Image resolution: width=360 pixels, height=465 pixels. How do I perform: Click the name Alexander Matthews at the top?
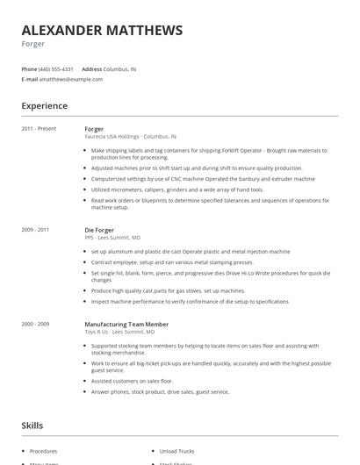(102, 30)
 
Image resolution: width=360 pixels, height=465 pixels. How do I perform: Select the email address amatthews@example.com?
(71, 79)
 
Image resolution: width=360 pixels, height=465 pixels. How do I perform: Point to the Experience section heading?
(44, 106)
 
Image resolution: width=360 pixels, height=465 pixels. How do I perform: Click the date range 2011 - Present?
(39, 129)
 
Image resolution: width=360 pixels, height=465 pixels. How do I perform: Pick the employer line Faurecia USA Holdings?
(130, 137)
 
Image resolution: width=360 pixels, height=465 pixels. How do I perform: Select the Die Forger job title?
(99, 230)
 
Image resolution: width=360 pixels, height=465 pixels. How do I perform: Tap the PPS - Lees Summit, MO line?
(112, 237)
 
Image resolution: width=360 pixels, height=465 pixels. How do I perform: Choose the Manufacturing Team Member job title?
(126, 325)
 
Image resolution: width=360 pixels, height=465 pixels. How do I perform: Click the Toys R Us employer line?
(119, 333)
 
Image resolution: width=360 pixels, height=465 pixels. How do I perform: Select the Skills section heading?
(33, 426)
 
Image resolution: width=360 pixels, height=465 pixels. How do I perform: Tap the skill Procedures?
(44, 451)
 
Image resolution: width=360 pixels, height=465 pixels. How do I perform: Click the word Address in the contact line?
(91, 68)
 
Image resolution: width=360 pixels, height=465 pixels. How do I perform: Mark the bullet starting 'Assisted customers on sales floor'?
(132, 382)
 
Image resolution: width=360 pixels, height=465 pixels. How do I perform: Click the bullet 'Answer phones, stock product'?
(160, 392)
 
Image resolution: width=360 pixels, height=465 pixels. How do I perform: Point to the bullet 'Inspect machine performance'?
(189, 301)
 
